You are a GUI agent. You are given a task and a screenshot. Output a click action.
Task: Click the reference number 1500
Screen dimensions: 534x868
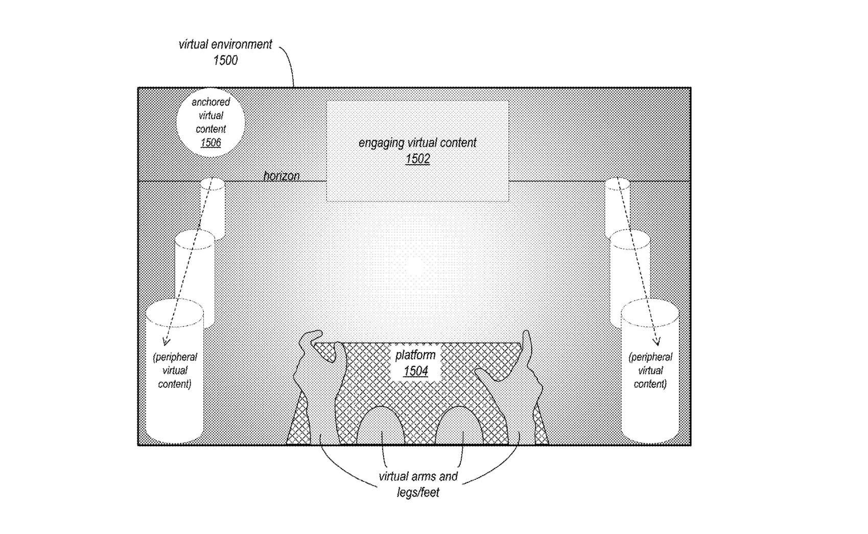point(225,60)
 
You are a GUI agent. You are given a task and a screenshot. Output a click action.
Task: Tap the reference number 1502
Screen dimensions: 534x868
point(417,159)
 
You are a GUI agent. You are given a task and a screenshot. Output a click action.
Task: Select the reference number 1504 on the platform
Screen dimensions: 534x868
point(415,371)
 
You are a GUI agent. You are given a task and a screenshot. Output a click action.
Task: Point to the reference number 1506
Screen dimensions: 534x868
point(210,143)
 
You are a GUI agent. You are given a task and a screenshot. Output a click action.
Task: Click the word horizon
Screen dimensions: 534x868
point(281,176)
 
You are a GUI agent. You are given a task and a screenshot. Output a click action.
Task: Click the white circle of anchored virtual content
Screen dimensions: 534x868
point(210,123)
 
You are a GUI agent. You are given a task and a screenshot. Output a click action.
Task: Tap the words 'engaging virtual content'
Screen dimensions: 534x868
point(417,143)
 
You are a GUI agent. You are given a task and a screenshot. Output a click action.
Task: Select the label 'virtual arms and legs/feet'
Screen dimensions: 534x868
point(418,484)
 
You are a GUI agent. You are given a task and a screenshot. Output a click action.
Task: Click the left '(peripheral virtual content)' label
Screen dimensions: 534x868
point(175,370)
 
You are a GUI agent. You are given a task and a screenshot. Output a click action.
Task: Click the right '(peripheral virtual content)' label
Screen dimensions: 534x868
point(650,370)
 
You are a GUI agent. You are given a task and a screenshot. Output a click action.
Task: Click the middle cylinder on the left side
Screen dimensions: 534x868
point(194,266)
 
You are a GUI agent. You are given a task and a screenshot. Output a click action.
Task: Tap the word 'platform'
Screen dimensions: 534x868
point(415,355)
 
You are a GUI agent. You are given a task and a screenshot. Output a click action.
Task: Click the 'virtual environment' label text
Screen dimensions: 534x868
point(225,44)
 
